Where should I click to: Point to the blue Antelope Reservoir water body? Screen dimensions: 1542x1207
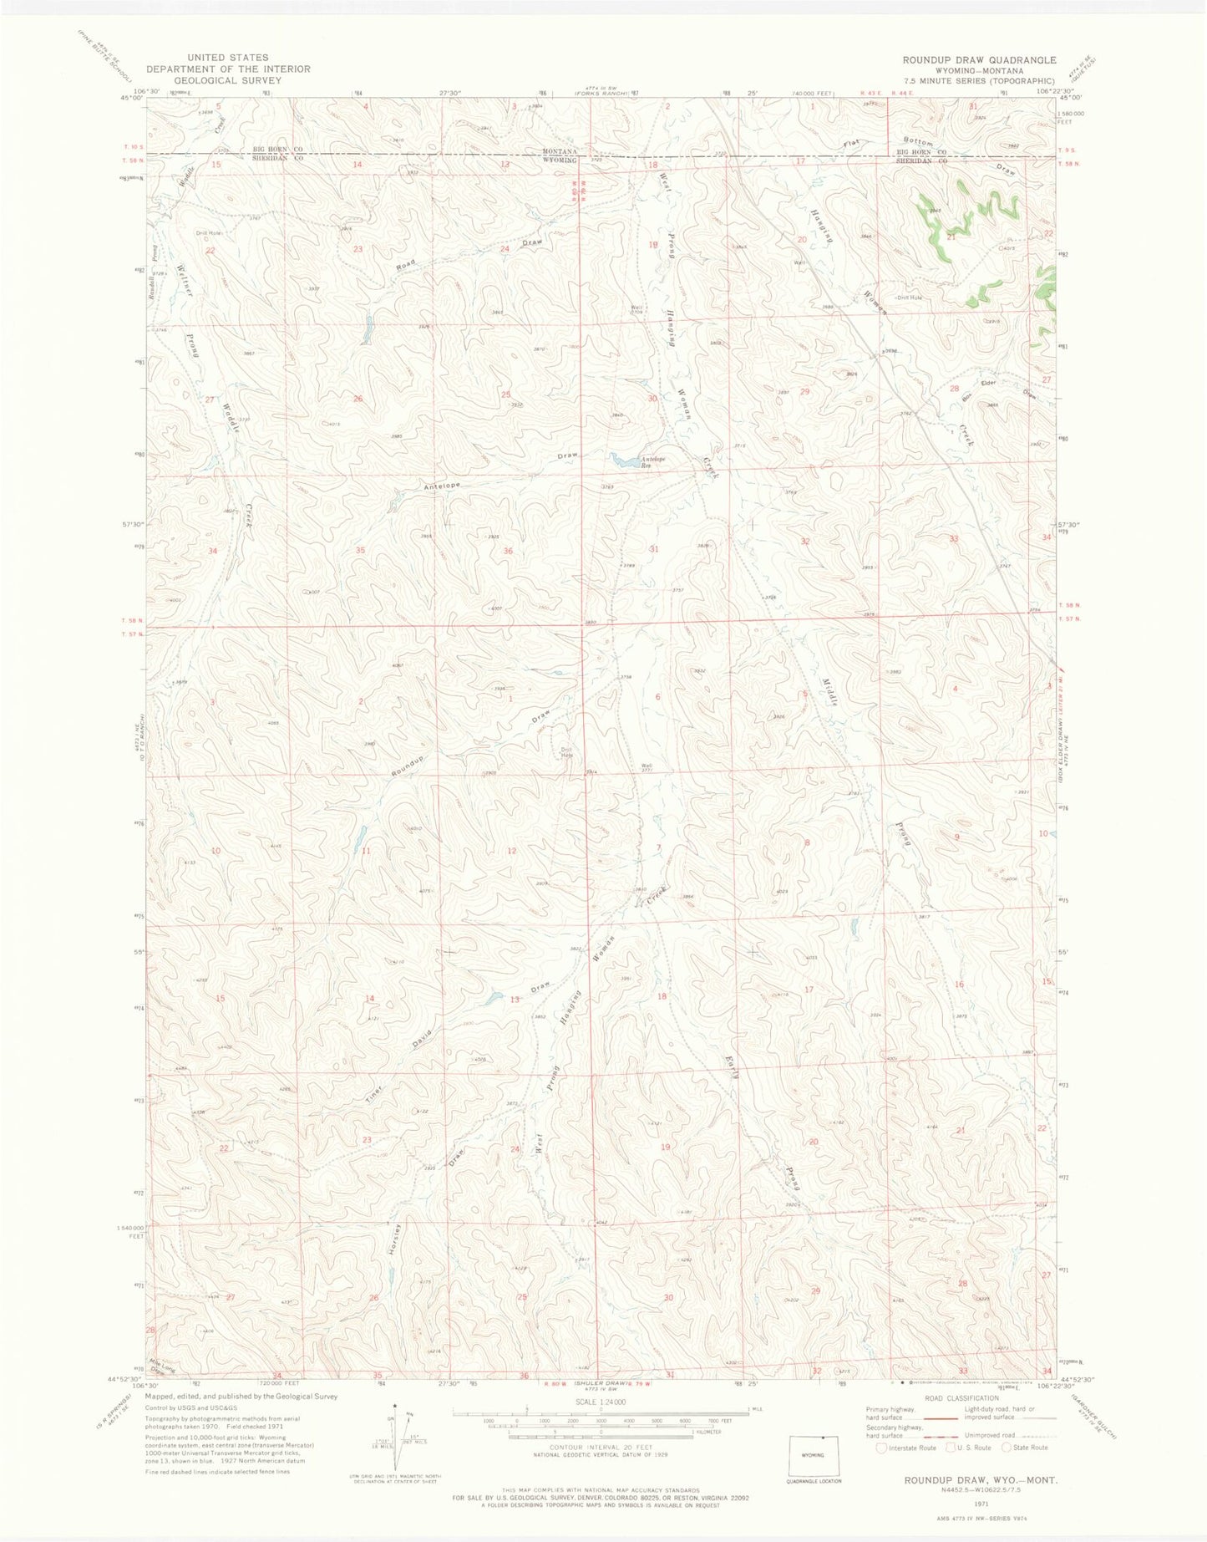[x=623, y=460]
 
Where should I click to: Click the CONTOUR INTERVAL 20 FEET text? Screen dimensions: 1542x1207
[x=600, y=1447]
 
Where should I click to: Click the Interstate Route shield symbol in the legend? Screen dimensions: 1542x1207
[x=881, y=1448]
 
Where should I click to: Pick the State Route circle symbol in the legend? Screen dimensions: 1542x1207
[x=1007, y=1448]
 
